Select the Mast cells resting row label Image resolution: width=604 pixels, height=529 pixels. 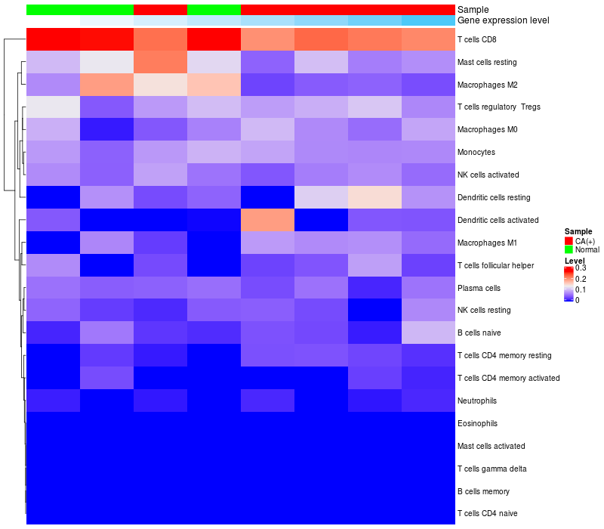[487, 61]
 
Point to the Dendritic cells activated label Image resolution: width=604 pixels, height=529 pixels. [498, 220]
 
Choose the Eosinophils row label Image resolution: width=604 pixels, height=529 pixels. [477, 423]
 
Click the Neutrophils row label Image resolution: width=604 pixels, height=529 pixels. [477, 401]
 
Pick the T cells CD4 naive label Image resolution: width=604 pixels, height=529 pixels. [487, 514]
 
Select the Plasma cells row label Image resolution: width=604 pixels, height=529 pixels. [479, 288]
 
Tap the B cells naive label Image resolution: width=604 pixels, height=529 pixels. [479, 333]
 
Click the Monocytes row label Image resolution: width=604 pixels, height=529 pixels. [476, 152]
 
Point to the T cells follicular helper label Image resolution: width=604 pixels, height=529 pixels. [495, 265]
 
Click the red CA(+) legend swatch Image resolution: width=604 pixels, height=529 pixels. [569, 241]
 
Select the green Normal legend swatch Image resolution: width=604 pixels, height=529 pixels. [569, 249]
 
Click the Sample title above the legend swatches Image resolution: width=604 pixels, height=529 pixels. [578, 232]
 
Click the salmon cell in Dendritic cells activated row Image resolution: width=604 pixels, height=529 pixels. [267, 220]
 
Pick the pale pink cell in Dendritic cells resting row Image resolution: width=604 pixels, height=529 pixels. [374, 197]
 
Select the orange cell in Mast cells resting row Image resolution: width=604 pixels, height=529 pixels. [160, 61]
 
